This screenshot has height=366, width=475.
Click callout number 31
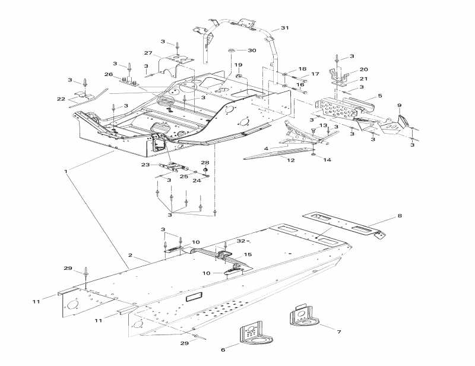(284, 28)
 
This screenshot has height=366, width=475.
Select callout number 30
(252, 51)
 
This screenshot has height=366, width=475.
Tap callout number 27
(148, 53)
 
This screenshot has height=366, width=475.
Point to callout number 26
(109, 74)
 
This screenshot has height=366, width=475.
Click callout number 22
(61, 99)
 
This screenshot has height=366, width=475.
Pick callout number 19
(239, 65)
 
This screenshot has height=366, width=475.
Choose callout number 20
(363, 70)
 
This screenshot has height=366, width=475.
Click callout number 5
(380, 96)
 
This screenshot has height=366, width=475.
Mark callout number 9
(400, 105)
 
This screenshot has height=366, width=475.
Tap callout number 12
(290, 160)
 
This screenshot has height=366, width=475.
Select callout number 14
(327, 160)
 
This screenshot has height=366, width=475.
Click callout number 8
(400, 216)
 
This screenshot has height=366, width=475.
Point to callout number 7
(339, 332)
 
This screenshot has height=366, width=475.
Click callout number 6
(223, 349)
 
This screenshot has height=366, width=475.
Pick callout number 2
(130, 255)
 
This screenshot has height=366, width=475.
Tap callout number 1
(66, 171)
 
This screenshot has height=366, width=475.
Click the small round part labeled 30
(232, 50)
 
